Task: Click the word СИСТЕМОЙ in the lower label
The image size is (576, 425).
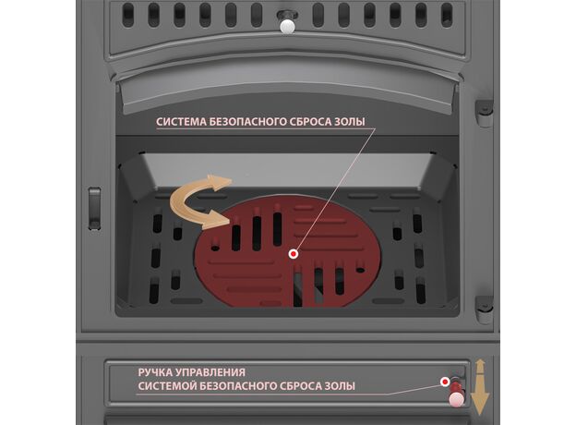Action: tap(168, 386)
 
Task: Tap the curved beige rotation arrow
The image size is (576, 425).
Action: tap(199, 201)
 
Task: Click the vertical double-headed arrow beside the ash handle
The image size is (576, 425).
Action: tap(481, 387)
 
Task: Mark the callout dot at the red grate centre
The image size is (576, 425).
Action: tap(294, 254)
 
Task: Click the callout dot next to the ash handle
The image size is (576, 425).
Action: tap(445, 382)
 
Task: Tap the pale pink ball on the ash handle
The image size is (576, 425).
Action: tap(456, 400)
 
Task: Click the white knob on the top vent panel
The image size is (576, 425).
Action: tap(287, 27)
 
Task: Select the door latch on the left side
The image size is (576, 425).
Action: tap(95, 209)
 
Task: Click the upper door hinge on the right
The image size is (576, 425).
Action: tap(484, 113)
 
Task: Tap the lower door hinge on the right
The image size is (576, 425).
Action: tap(484, 310)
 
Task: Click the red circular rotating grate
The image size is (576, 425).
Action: tap(288, 250)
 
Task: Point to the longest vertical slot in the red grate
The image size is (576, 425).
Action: tap(257, 233)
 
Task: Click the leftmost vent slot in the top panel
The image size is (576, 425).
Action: tap(128, 15)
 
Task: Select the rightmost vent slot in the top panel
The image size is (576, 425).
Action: tap(447, 15)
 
